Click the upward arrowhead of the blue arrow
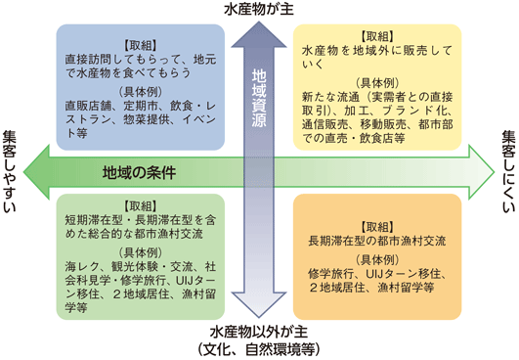click(x=258, y=35)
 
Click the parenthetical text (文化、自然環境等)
click(x=259, y=348)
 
